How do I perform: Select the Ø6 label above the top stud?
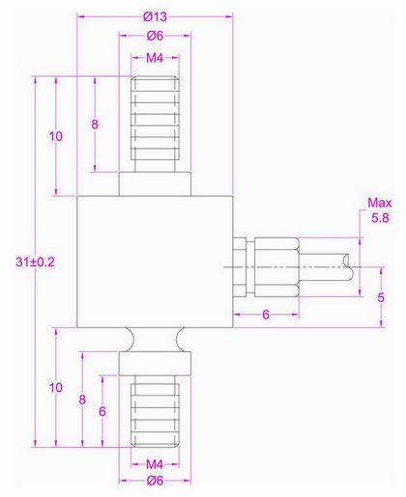click(155, 36)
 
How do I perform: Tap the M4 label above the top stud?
click(155, 59)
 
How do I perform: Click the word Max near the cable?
click(378, 203)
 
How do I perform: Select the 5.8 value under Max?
click(380, 220)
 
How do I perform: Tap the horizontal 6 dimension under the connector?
click(264, 315)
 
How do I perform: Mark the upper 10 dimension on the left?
click(55, 137)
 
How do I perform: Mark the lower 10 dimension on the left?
click(55, 387)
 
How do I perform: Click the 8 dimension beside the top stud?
click(95, 124)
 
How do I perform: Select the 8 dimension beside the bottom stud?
click(83, 398)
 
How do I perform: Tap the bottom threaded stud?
click(155, 405)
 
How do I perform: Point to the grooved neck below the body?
click(155, 339)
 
